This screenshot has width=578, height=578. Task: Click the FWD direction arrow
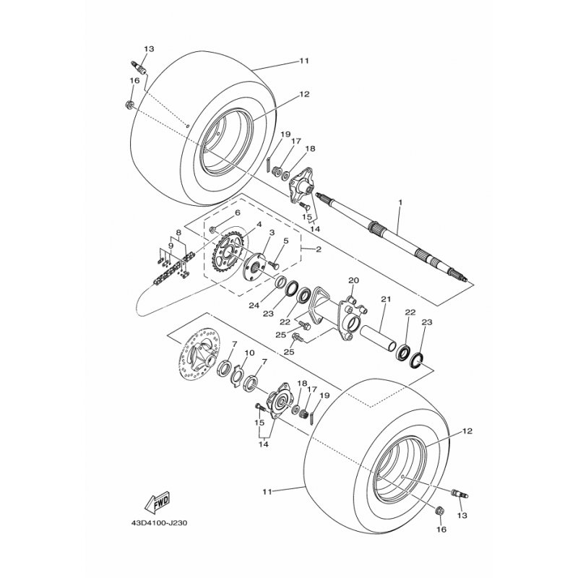click(x=157, y=501)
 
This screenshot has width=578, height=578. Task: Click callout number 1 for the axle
click(x=400, y=202)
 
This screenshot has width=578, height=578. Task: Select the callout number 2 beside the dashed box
click(x=319, y=249)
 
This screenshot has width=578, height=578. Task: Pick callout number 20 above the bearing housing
click(x=353, y=280)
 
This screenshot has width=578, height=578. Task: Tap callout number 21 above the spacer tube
click(x=386, y=299)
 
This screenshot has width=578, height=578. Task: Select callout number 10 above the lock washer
click(x=249, y=353)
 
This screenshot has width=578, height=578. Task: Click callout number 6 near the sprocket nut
click(x=238, y=212)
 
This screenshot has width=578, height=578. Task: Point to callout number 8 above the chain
click(x=178, y=233)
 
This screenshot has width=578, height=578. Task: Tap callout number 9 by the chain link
click(x=171, y=245)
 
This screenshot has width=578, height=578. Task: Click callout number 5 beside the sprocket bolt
click(x=285, y=241)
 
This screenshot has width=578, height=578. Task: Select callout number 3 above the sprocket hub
click(x=272, y=232)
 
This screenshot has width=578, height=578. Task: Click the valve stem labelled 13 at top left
click(x=139, y=67)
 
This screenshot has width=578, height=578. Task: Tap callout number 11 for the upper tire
click(x=303, y=61)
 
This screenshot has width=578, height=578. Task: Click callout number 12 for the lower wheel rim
click(x=467, y=431)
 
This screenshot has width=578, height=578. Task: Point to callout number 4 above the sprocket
click(x=259, y=224)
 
